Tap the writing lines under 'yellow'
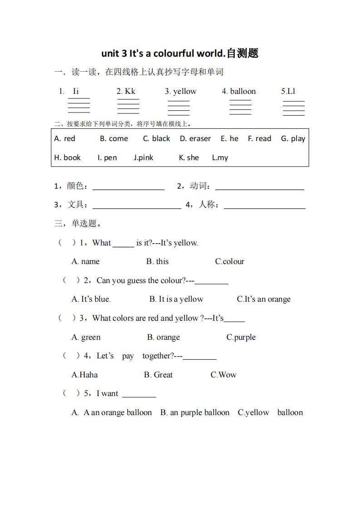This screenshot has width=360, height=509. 178,108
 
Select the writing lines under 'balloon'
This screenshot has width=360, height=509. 240,108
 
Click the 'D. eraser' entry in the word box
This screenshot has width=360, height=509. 195,139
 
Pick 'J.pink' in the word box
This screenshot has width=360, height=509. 143,158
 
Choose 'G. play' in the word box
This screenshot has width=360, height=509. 293,139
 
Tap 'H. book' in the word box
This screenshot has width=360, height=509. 67,158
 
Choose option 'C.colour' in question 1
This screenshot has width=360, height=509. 230,262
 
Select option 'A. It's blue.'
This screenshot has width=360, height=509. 91,299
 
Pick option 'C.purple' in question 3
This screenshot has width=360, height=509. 241,338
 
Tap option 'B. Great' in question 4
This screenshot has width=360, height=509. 158,375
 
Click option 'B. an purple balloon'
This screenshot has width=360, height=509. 195,413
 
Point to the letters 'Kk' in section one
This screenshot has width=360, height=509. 130,92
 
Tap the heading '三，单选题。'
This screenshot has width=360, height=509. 78,224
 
